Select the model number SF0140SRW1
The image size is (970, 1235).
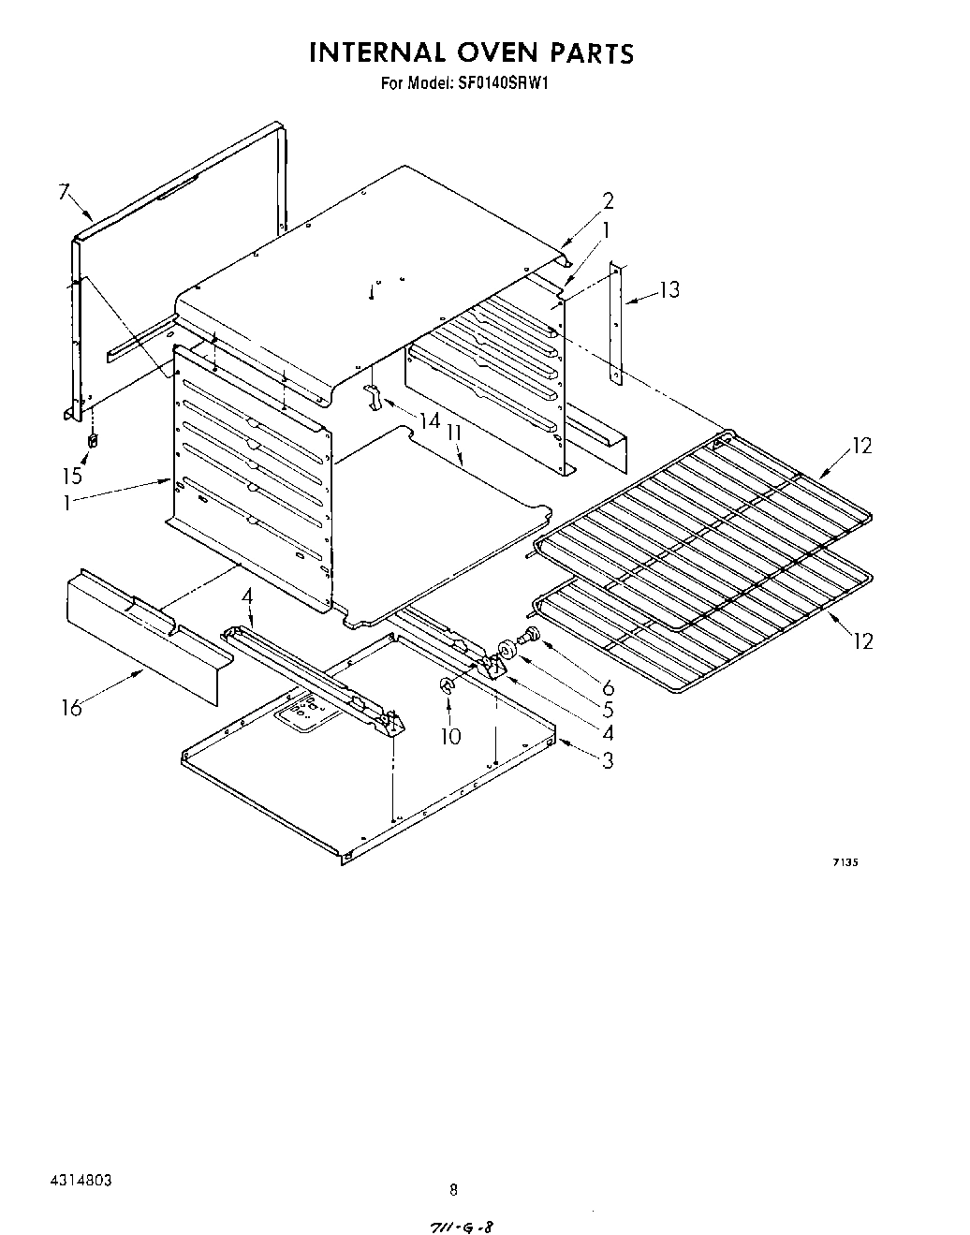(516, 82)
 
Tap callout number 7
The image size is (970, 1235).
(64, 193)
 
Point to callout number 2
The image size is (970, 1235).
(608, 199)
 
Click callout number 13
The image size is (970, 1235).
(669, 289)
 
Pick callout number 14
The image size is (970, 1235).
(430, 421)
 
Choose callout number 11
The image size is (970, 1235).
(455, 434)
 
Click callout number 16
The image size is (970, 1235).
(71, 707)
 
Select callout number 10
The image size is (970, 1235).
(450, 736)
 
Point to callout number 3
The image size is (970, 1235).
(608, 759)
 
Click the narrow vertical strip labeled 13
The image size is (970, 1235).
(615, 323)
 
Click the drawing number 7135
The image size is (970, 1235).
(845, 864)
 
